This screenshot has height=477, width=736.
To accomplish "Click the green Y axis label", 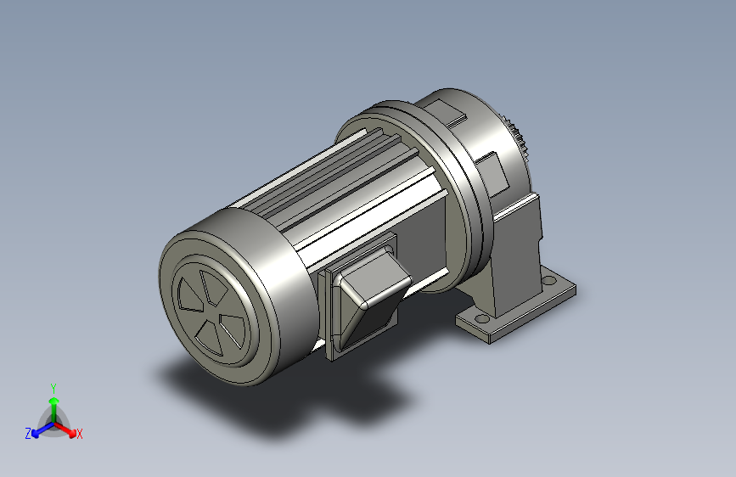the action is tap(53, 388).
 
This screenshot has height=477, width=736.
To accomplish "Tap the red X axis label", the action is tap(80, 434).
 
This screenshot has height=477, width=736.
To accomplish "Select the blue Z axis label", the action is tap(28, 434).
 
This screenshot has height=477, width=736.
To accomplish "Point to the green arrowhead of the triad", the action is tap(54, 401).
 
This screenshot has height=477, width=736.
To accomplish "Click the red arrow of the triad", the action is tap(65, 429).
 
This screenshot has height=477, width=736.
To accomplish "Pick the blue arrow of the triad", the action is tap(43, 429).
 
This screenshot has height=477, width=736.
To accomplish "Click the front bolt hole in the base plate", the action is tap(481, 319).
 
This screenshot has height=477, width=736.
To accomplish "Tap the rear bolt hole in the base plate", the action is tap(548, 281).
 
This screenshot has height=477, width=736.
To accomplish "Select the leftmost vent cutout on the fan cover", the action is tap(190, 295).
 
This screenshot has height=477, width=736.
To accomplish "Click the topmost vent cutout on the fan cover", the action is tap(214, 286).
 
